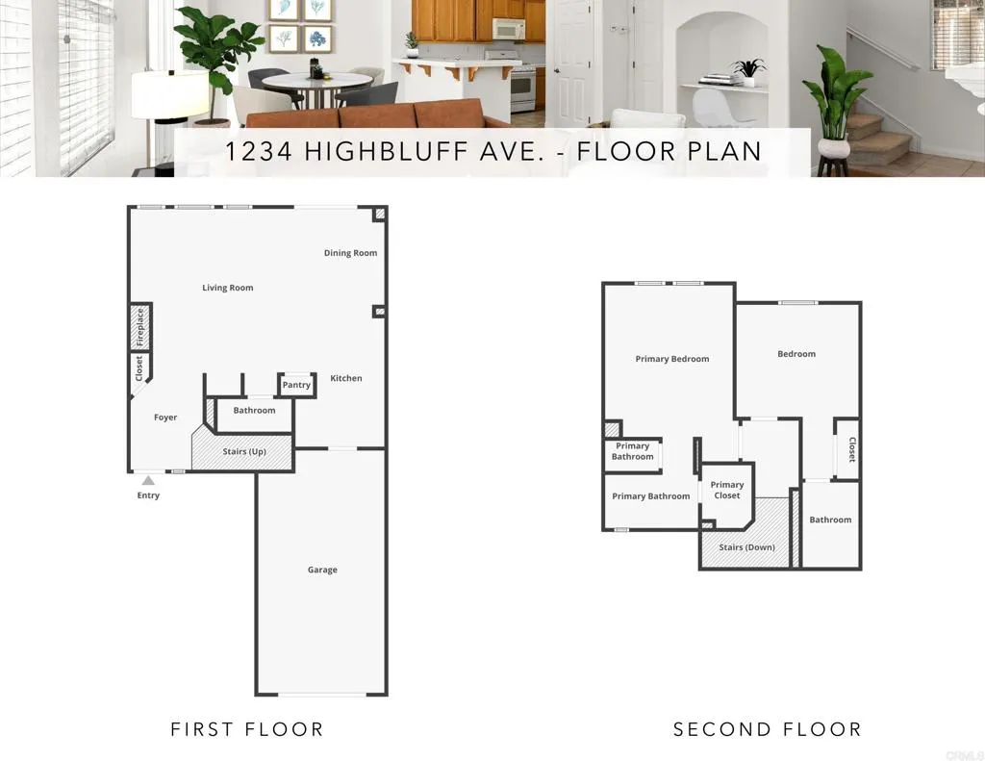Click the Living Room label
pyautogui.click(x=228, y=288)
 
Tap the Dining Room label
pyautogui.click(x=350, y=253)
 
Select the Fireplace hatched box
pyautogui.click(x=140, y=327)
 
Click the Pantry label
pyautogui.click(x=296, y=385)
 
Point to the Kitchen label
pyautogui.click(x=346, y=378)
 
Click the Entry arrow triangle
pyautogui.click(x=148, y=479)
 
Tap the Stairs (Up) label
pyautogui.click(x=244, y=451)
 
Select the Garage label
pyautogui.click(x=322, y=570)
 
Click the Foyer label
pyautogui.click(x=165, y=418)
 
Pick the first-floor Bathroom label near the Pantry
pyautogui.click(x=254, y=410)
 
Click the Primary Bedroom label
pyautogui.click(x=672, y=359)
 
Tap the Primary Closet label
pyautogui.click(x=727, y=490)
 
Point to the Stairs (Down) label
pyautogui.click(x=746, y=547)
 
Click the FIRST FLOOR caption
pyautogui.click(x=247, y=729)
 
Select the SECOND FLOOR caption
pyautogui.click(x=767, y=729)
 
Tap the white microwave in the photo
pyautogui.click(x=509, y=29)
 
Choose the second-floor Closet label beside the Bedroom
pyautogui.click(x=851, y=450)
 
